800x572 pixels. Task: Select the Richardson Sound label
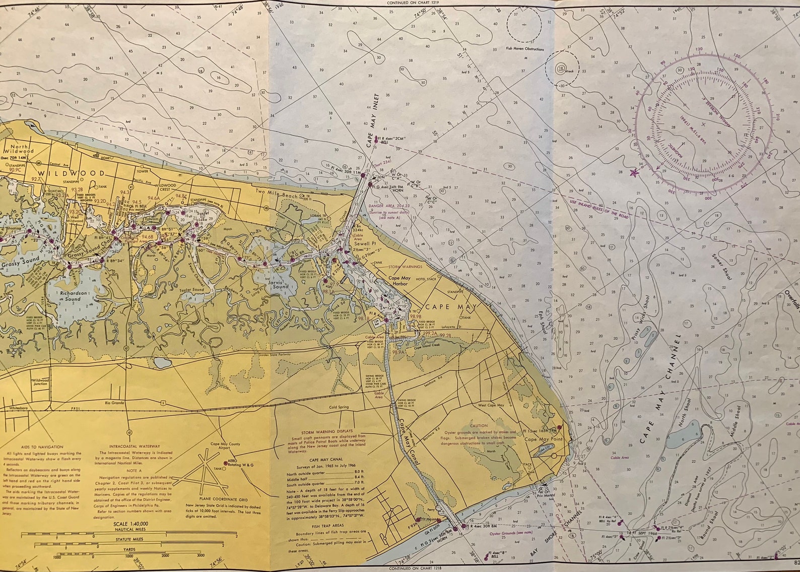click(x=70, y=296)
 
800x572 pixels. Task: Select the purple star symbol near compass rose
click(x=634, y=173)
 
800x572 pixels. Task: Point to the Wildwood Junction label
click(x=40, y=382)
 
